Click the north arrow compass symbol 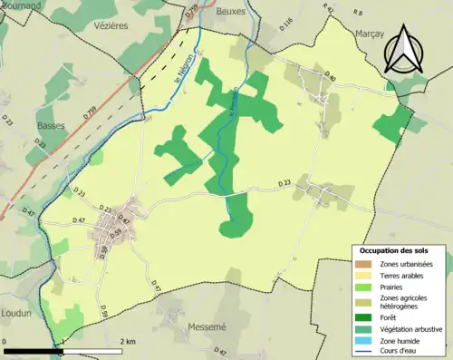coord(404,50)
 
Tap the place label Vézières coord(110,27)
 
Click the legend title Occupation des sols coord(394,249)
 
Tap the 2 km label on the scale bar coord(129,341)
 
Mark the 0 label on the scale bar coord(5,341)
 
